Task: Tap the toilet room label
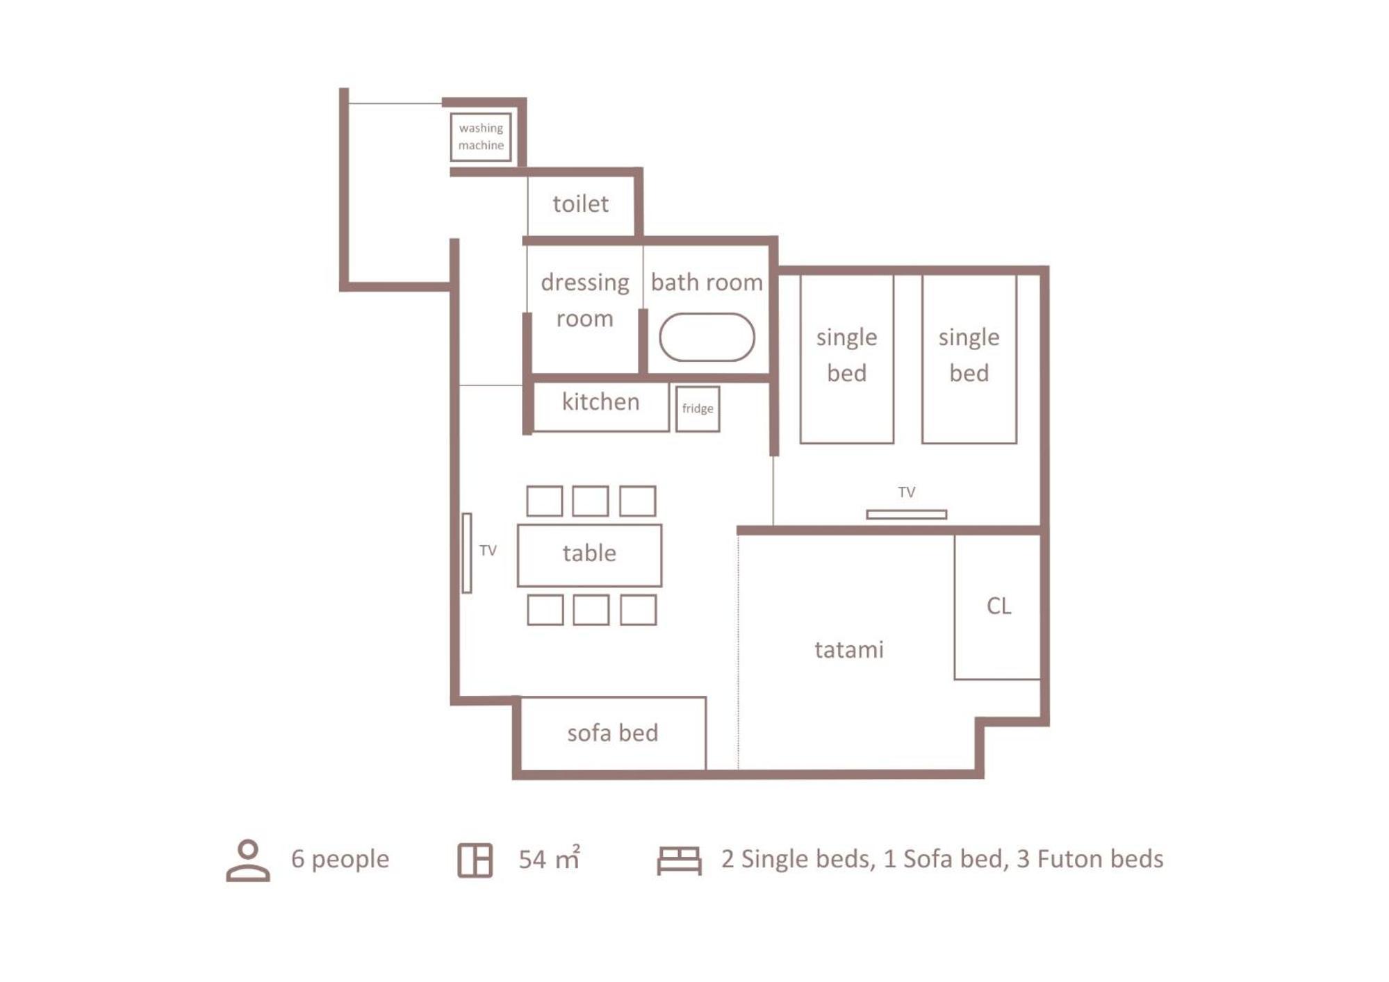pos(580,203)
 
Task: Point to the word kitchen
pos(600,401)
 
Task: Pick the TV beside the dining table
pos(467,553)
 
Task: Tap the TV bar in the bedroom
pos(906,515)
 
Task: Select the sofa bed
pos(612,733)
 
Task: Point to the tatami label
pos(848,650)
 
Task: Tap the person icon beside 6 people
pos(248,860)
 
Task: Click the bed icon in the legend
pos(679,860)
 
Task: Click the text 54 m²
pos(549,858)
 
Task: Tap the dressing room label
pos(584,300)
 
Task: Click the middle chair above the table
pos(591,501)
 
